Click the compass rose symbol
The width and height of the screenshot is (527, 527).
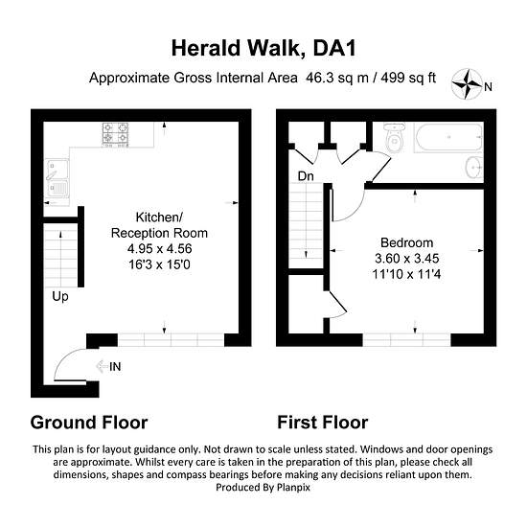pos(467,83)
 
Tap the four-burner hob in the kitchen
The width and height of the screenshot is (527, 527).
pos(116,135)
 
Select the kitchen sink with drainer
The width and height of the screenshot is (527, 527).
pos(57,179)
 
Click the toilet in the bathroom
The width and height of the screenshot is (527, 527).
pos(394,138)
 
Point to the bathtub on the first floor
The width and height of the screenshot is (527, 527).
pos(447,137)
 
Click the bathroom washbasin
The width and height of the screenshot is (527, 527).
pos(474,167)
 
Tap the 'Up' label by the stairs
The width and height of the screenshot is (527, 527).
pos(60,297)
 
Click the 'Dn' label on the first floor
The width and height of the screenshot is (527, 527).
pos(306,176)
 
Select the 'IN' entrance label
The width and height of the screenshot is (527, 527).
pos(115,367)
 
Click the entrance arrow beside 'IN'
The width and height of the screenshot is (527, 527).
pos(102,366)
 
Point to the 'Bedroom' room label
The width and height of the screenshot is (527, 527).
pos(406,242)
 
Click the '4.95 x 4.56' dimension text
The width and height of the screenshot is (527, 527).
pos(160,249)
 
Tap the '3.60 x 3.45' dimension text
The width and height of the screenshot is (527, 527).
pos(406,259)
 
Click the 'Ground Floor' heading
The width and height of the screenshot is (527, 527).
pos(89,423)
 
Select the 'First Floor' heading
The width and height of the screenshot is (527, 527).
pos(323,423)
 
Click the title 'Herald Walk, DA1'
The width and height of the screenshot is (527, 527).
pos(263,48)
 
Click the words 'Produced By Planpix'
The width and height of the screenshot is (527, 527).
pos(263,487)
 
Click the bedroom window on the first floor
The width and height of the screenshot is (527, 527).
pos(406,340)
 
